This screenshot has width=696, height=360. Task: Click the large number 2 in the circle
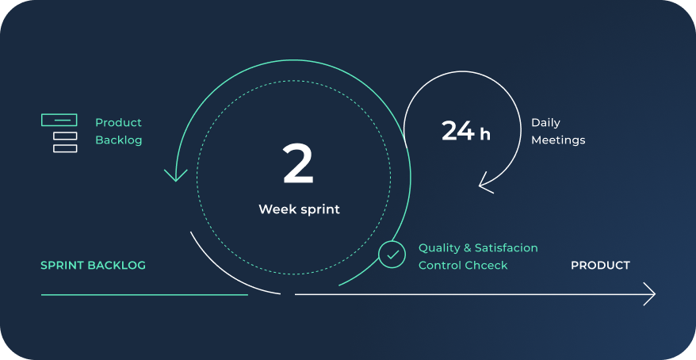(x=298, y=165)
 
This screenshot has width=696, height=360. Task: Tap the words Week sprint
(x=299, y=209)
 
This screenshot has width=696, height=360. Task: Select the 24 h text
(x=465, y=131)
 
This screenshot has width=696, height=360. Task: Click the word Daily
(x=545, y=123)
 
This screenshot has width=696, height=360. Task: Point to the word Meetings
(x=558, y=140)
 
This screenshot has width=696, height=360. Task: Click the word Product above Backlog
(x=118, y=123)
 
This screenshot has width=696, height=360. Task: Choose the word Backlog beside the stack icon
(x=119, y=140)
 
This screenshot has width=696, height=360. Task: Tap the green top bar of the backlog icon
(x=59, y=121)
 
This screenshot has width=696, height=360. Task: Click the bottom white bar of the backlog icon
(x=65, y=148)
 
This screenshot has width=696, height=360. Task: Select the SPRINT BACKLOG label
(x=93, y=266)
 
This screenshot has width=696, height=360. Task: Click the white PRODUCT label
(x=600, y=266)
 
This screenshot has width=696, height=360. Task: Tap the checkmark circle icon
(x=392, y=255)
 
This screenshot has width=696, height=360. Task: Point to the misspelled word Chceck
(x=485, y=266)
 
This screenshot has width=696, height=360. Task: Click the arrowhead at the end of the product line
(x=650, y=294)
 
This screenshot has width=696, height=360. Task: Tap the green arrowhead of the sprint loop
(x=174, y=174)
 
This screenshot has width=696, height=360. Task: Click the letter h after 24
(x=485, y=134)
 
